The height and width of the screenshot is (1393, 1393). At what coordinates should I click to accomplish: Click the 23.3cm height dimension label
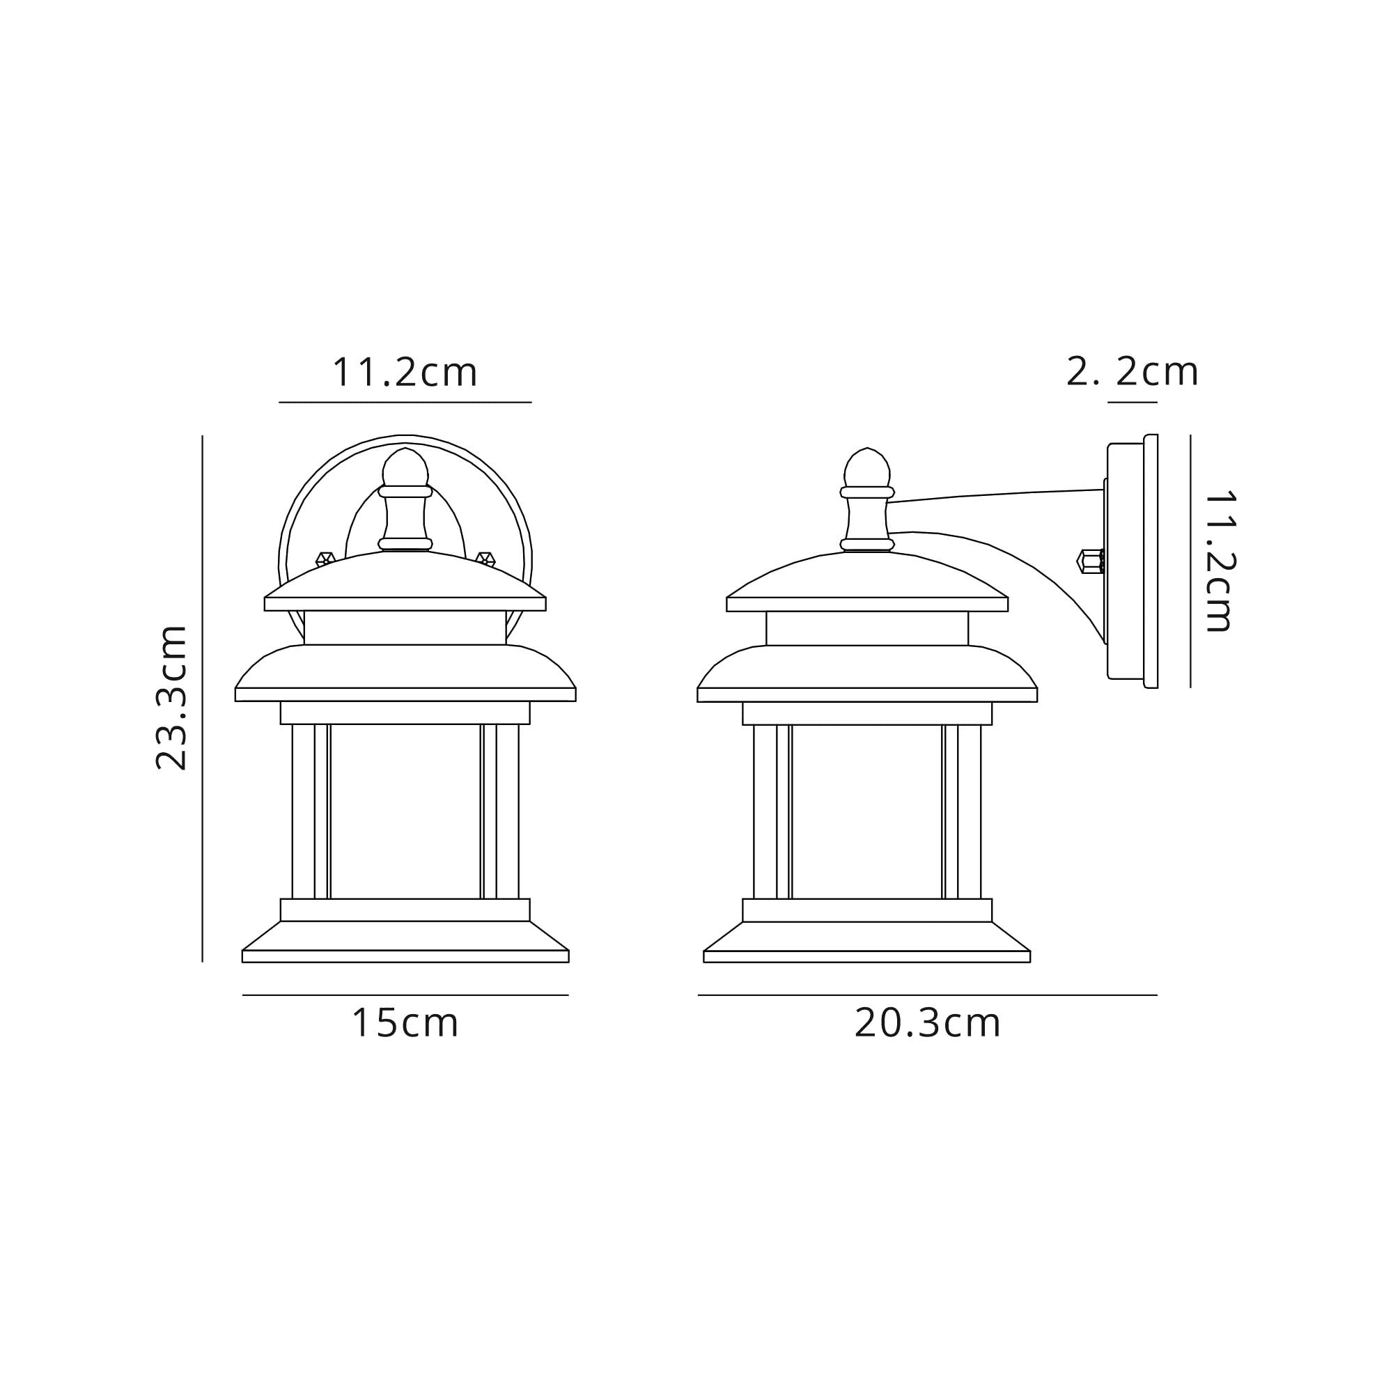171,698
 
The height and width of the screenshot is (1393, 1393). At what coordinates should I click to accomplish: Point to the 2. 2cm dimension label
1131,373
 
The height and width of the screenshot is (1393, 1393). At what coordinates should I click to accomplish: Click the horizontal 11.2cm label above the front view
405,373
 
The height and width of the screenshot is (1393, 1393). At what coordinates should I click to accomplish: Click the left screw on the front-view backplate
325,558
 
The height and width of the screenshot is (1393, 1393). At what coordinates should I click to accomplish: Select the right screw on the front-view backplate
485,558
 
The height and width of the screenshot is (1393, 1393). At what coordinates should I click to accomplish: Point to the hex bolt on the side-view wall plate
1089,561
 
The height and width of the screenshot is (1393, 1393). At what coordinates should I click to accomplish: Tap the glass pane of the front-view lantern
405,811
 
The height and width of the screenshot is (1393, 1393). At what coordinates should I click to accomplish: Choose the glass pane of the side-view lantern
866,811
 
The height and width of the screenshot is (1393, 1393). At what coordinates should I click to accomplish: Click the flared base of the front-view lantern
405,941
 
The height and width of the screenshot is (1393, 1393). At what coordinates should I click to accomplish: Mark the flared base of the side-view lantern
866,941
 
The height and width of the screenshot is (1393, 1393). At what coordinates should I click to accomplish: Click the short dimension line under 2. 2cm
1132,403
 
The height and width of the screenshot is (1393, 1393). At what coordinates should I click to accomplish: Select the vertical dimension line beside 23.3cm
203,698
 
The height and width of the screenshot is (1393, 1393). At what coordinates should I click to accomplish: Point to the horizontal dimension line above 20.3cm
927,995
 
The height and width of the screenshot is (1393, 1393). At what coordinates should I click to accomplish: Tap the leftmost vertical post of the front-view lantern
304,811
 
